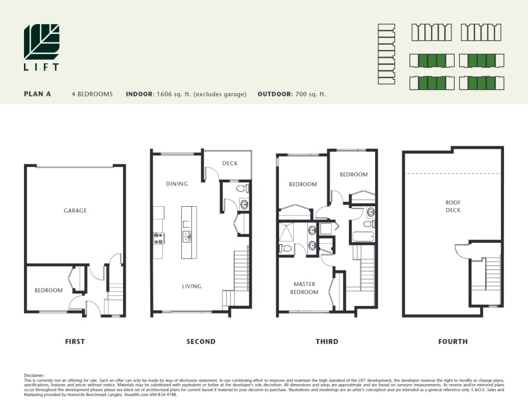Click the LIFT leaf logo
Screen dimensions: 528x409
(x=42, y=42)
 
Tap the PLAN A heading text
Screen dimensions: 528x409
(x=37, y=94)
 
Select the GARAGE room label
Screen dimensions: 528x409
(x=75, y=211)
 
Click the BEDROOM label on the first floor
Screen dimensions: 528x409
(x=48, y=290)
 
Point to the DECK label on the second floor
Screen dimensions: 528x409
(x=230, y=163)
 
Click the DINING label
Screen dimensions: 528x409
(x=177, y=184)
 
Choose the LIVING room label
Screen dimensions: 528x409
(x=192, y=287)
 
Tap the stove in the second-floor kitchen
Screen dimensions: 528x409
(x=159, y=238)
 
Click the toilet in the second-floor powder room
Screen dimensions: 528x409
(x=242, y=188)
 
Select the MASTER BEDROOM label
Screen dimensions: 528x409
(x=304, y=288)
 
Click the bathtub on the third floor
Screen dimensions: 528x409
(x=363, y=237)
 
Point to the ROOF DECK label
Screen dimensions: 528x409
(x=453, y=206)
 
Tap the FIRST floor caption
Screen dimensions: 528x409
(x=75, y=341)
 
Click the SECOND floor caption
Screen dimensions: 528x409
(x=201, y=341)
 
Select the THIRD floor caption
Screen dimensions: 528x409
(x=327, y=341)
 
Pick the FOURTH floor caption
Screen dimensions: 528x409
(x=453, y=341)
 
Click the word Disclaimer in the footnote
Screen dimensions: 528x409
(x=34, y=375)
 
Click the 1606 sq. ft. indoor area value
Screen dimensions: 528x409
(x=174, y=94)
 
